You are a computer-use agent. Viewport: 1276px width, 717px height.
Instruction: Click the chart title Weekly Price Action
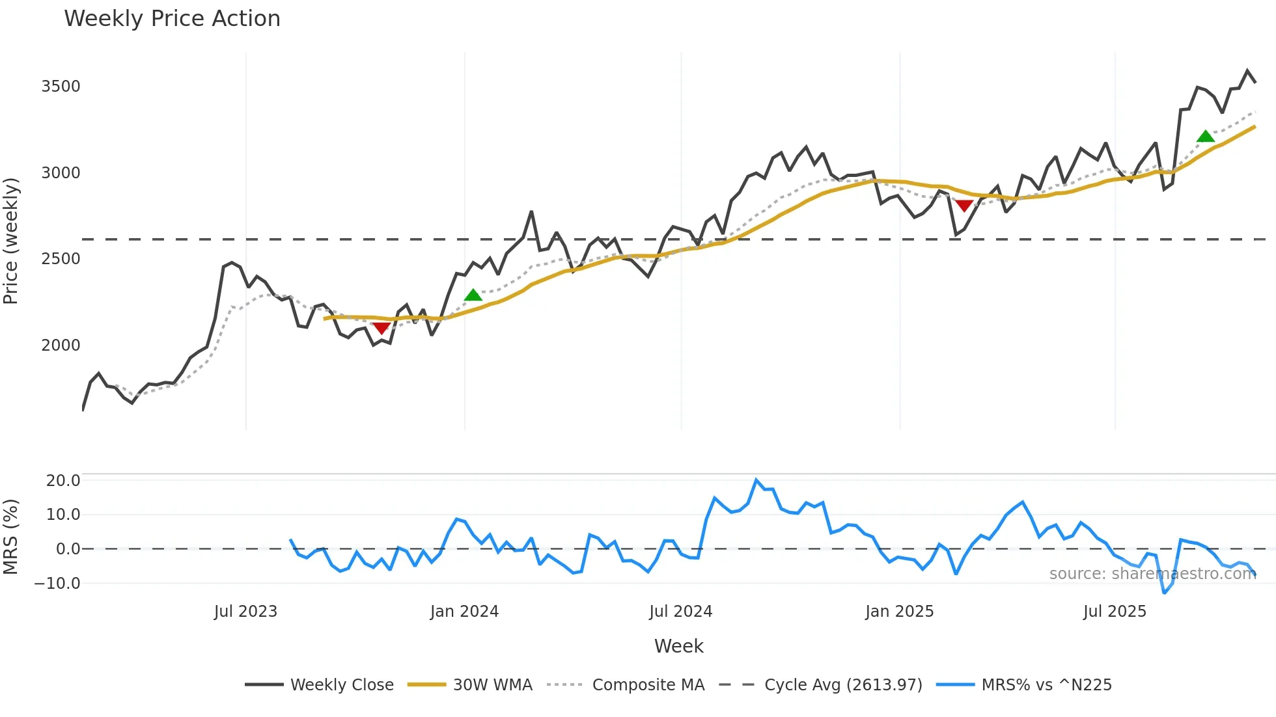[x=172, y=19]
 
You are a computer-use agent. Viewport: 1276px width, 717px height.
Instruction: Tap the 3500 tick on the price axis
[x=61, y=87]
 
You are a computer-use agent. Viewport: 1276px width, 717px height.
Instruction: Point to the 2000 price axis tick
[x=61, y=345]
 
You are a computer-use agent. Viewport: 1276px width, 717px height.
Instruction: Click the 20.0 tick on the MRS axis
[x=63, y=481]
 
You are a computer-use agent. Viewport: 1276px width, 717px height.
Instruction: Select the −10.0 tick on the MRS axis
[x=57, y=584]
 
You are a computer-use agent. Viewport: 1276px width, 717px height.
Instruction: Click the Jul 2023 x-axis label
[x=245, y=612]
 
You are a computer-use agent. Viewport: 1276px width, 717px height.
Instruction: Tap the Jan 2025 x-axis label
[x=899, y=612]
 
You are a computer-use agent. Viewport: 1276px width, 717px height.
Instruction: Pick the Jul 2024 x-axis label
[x=680, y=612]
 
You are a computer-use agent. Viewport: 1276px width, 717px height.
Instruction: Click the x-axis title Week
[x=678, y=646]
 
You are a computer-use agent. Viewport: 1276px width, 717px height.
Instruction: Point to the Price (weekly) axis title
[x=11, y=241]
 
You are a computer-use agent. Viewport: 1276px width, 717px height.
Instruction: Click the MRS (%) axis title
[x=11, y=537]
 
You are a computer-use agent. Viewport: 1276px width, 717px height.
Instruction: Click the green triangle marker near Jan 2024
[x=473, y=295]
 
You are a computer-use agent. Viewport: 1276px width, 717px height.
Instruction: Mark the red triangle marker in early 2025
[x=964, y=206]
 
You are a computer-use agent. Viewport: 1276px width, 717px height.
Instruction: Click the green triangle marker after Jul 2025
[x=1206, y=137]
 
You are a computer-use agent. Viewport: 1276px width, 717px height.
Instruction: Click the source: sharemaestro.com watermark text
[x=1152, y=574]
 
